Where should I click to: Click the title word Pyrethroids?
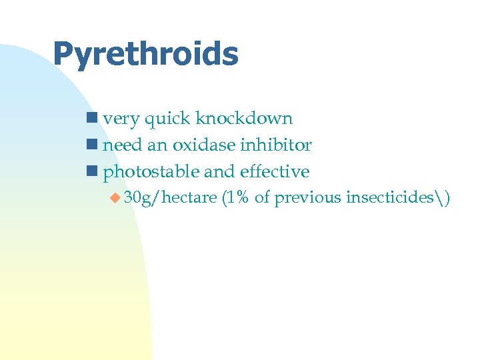(145, 54)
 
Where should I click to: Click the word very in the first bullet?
(121, 119)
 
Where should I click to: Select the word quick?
(167, 119)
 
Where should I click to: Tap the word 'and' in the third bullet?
(219, 172)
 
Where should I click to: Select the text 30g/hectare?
(170, 198)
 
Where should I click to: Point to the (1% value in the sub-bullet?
(235, 198)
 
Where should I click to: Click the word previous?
(308, 198)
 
